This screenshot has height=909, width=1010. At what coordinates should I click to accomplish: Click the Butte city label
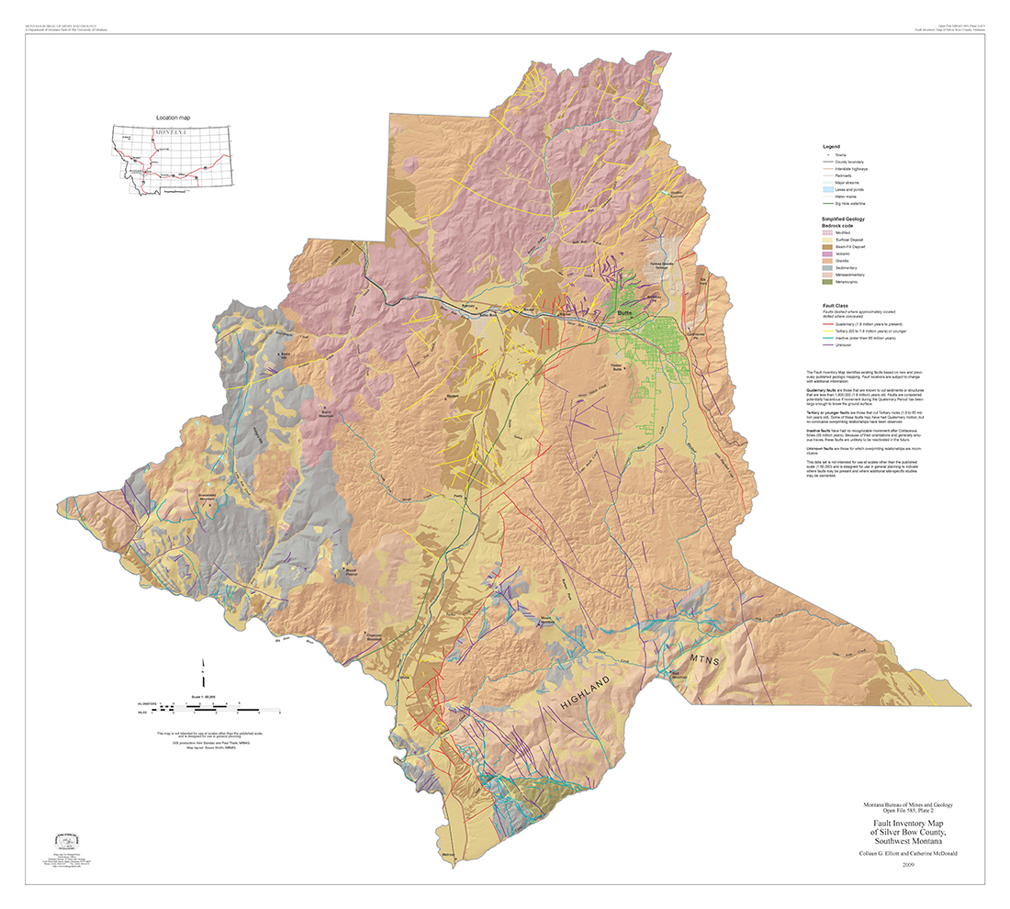pyautogui.click(x=626, y=314)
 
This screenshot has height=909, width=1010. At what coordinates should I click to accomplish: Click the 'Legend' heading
pyautogui.click(x=831, y=147)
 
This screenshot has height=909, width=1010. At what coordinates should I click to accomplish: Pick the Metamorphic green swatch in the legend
pyautogui.click(x=830, y=282)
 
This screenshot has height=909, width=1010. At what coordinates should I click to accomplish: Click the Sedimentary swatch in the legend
pyautogui.click(x=830, y=267)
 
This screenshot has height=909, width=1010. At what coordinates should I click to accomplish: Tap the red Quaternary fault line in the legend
pyautogui.click(x=830, y=325)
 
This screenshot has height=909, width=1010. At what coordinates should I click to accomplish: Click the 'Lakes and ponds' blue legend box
pyautogui.click(x=830, y=189)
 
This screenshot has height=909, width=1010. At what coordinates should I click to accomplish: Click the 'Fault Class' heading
pyautogui.click(x=836, y=305)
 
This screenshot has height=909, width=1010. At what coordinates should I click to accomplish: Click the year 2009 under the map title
pyautogui.click(x=909, y=864)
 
